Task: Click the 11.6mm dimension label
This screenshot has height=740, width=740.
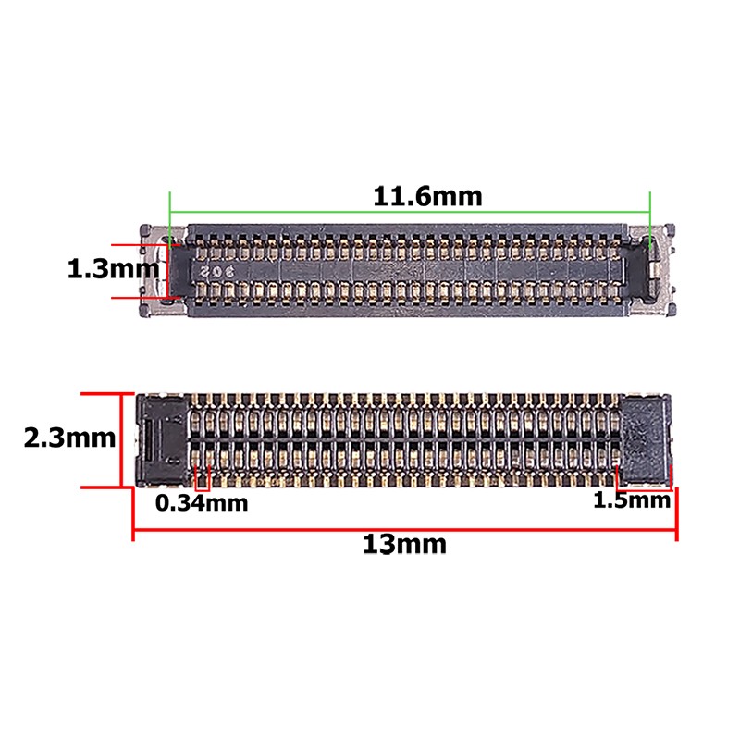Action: [427, 196]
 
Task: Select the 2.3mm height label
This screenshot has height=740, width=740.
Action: [70, 438]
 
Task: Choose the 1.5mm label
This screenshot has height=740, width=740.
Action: [631, 501]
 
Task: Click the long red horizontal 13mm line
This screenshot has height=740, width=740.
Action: [277, 531]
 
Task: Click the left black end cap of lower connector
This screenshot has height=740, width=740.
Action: [161, 438]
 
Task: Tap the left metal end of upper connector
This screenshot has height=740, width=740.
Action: [154, 271]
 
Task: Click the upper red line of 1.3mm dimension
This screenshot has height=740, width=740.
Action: [139, 245]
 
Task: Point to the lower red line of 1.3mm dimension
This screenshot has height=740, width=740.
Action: [139, 297]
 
